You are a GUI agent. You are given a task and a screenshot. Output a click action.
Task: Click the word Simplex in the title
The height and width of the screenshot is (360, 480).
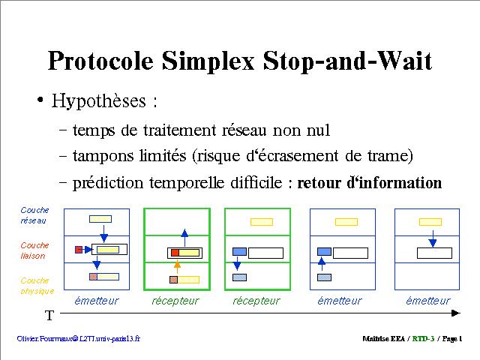pos(208,61)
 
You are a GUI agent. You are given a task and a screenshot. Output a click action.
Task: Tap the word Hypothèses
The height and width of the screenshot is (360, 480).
pos(98,100)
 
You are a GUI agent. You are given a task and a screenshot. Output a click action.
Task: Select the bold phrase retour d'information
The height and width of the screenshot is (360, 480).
pos(370,183)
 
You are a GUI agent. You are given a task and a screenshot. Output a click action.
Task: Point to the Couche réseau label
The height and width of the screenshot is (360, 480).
pos(34,215)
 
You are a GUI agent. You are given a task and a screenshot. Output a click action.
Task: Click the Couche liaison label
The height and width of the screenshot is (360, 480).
pos(34,250)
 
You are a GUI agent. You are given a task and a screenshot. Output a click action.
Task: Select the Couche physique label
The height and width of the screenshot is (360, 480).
pos(37,286)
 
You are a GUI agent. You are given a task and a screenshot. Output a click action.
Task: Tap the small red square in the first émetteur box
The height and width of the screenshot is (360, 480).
pos(79,250)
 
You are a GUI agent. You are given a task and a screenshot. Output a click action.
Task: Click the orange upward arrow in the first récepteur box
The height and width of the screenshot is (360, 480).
pos(177,267)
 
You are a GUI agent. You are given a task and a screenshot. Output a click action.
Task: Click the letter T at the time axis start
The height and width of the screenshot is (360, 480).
pos(49,315)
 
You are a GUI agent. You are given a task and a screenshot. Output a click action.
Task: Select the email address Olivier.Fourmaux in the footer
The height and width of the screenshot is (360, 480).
pos(78,338)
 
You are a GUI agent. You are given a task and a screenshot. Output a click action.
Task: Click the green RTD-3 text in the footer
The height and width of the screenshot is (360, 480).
pos(423,338)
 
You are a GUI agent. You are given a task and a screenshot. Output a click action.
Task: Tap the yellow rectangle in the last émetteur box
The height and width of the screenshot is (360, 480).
pos(430,222)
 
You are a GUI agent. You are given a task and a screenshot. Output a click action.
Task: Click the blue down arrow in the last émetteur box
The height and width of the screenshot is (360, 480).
pos(432,239)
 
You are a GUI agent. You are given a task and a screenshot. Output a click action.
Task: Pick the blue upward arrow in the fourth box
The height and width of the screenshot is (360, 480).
pos(322,264)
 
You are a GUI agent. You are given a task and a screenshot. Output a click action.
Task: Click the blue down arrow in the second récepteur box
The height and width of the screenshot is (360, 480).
pos(237,263)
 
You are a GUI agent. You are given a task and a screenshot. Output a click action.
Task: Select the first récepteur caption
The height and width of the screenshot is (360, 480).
pos(175,301)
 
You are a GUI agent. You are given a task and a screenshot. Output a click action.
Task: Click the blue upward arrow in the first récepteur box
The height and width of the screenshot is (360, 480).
pos(184,238)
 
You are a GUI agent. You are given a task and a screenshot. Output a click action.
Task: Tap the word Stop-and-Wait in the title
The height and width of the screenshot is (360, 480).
pos(347,61)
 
